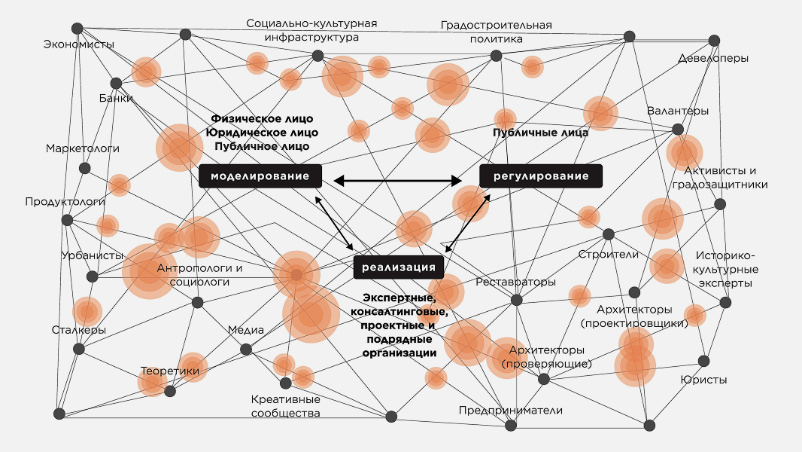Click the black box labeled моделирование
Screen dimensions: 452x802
point(260,176)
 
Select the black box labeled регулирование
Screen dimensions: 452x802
point(541,176)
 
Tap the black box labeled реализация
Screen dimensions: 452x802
point(398,267)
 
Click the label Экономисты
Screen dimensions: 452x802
point(79,44)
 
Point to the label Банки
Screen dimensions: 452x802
point(116,98)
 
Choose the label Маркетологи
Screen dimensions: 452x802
point(83,148)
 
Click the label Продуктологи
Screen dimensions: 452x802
point(65,202)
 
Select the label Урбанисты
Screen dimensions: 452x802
point(92,255)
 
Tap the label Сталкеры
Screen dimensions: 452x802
point(79,330)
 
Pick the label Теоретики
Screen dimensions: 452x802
point(170,371)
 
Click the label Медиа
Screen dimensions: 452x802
point(246,330)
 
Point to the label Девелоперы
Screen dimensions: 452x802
point(712,58)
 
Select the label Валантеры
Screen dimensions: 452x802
point(678,111)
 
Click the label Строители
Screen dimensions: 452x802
point(608,254)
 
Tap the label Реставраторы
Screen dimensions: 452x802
point(516,282)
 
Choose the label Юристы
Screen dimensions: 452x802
point(703,380)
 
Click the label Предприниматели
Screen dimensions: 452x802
point(511,410)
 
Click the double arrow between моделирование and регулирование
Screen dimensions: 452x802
point(398,180)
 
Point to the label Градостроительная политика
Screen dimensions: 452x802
point(496,32)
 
